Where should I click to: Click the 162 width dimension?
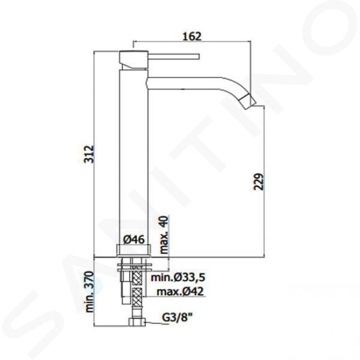pyautogui.click(x=192, y=37)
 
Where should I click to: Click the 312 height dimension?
pyautogui.click(x=89, y=154)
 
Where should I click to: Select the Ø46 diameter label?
pyautogui.click(x=134, y=239)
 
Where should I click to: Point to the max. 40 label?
pyautogui.click(x=164, y=235)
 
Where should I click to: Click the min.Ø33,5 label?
pyautogui.click(x=178, y=277)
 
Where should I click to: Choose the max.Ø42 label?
pyautogui.click(x=180, y=292)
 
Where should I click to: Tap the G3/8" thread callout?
pyautogui.click(x=177, y=318)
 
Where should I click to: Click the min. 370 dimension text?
pyautogui.click(x=89, y=292)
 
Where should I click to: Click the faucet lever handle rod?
pyautogui.click(x=174, y=56)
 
